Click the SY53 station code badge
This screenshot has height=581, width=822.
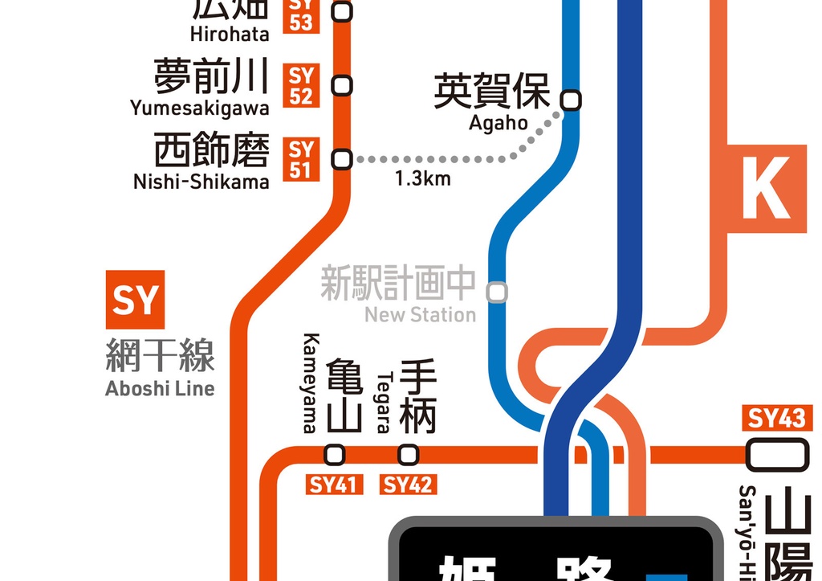click(x=301, y=16)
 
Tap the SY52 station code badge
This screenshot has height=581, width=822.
click(x=301, y=86)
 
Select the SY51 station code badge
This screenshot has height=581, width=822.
click(x=301, y=159)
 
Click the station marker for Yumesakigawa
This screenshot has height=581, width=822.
click(x=343, y=84)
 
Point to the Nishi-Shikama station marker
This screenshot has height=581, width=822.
click(x=343, y=159)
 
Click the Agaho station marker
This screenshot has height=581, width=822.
click(x=571, y=100)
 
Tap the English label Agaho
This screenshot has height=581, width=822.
click(x=498, y=123)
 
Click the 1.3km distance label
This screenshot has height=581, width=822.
click(x=423, y=178)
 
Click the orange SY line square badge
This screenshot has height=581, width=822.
click(x=134, y=300)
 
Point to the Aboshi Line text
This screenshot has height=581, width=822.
click(x=160, y=389)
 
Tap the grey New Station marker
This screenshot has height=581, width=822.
click(x=498, y=292)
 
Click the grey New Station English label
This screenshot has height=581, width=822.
click(x=420, y=314)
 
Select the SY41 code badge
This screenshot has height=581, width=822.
click(x=335, y=485)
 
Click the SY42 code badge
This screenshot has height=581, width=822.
click(x=409, y=485)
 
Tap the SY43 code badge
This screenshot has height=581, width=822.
click(x=776, y=419)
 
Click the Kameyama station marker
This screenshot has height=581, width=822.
click(x=335, y=455)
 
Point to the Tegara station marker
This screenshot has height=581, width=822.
click(x=409, y=455)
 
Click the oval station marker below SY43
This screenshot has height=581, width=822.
click(x=776, y=455)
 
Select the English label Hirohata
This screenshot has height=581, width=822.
click(x=230, y=35)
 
